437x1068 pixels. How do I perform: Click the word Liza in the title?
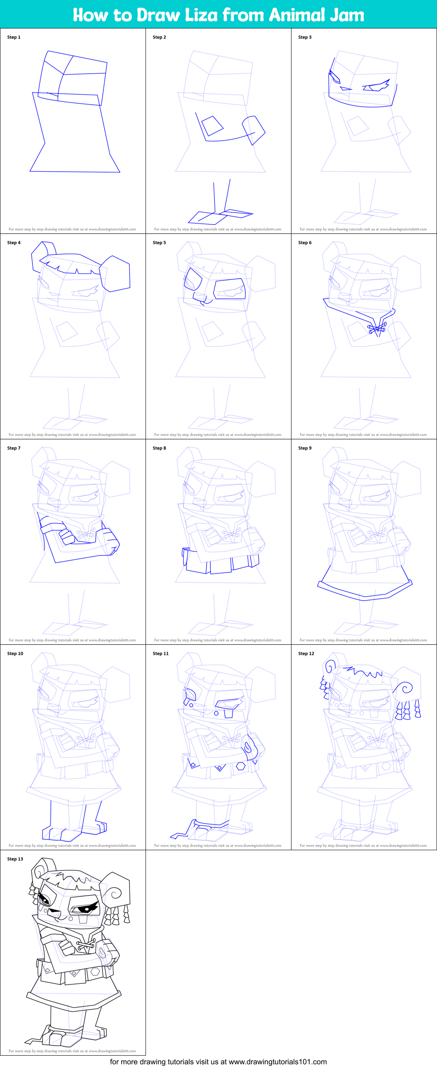[201, 15]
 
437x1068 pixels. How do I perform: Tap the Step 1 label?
[14, 37]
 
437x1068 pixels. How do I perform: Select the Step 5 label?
[160, 243]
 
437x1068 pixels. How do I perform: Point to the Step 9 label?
[305, 448]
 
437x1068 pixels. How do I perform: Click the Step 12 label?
[306, 653]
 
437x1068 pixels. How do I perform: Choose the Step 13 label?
[15, 859]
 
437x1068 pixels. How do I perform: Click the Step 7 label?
[14, 448]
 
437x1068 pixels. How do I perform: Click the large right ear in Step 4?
[116, 274]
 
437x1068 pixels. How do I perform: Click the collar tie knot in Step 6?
[376, 329]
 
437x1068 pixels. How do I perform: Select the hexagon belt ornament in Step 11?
[241, 766]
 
